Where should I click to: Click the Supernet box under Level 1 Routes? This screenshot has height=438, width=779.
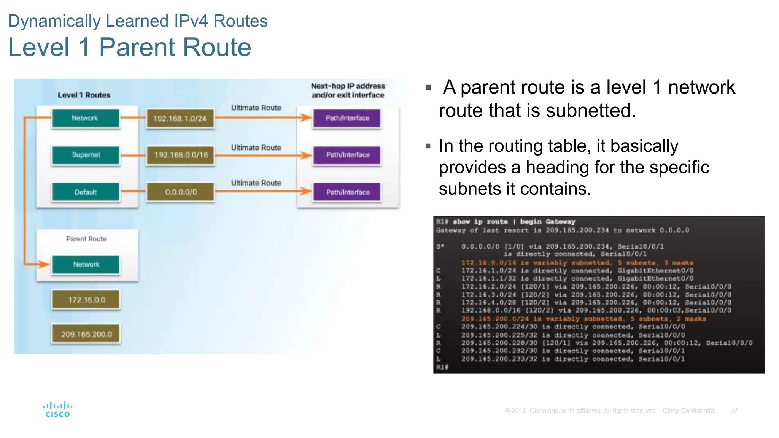tap(86, 155)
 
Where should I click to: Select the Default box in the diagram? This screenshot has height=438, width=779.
tap(86, 192)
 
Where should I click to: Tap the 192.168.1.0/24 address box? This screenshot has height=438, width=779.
tap(180, 119)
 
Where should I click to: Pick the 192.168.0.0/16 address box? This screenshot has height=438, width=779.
tap(181, 155)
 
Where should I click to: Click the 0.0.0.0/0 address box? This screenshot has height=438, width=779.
tap(181, 192)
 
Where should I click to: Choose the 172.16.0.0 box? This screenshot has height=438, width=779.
tap(86, 300)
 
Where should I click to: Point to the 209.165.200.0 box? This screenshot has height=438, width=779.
tap(86, 334)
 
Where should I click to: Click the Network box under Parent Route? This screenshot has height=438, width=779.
tap(86, 264)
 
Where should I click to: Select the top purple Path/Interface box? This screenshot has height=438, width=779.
tap(347, 118)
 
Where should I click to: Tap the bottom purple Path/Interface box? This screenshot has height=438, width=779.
tap(347, 192)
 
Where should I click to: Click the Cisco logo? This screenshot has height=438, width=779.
tap(57, 409)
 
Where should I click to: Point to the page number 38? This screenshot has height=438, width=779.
tap(734, 411)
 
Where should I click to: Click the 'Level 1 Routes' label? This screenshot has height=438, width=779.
tap(84, 95)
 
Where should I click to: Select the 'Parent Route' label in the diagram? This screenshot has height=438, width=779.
tap(86, 239)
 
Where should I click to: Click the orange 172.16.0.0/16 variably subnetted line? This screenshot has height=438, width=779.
tap(577, 263)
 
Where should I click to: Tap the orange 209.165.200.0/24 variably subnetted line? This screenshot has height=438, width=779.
tap(583, 319)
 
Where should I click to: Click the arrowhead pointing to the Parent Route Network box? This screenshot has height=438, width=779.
tap(44, 264)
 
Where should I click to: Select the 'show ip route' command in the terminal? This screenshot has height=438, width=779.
tap(480, 222)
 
